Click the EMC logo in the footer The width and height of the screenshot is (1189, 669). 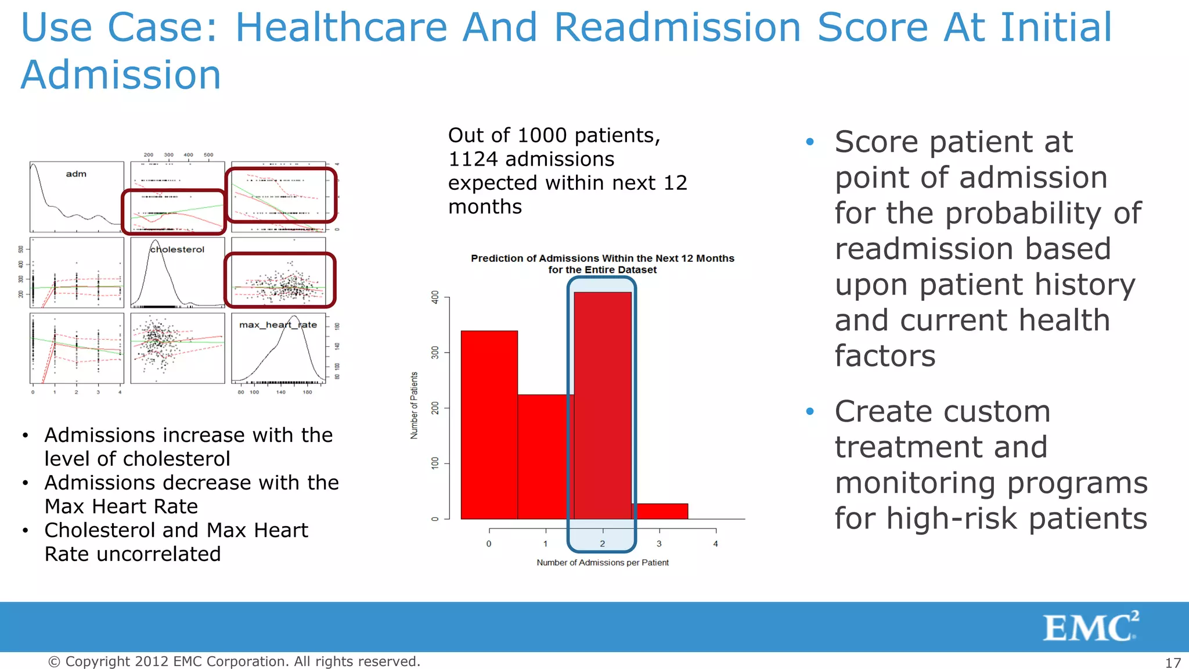(x=1090, y=627)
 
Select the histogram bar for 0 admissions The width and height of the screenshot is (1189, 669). (x=489, y=424)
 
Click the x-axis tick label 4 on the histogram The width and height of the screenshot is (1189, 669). (x=715, y=544)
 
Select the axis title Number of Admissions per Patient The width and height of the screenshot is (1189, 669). (x=602, y=562)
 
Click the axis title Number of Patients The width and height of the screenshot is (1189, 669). (x=414, y=405)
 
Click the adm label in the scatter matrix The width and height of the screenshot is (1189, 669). (x=76, y=174)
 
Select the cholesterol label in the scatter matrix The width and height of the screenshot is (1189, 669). (x=177, y=249)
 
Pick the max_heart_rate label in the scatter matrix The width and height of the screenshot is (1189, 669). (x=278, y=325)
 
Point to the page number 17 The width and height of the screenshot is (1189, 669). (x=1173, y=663)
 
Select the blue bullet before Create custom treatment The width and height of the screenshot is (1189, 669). (x=810, y=412)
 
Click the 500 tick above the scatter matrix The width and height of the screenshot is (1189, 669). (x=208, y=155)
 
